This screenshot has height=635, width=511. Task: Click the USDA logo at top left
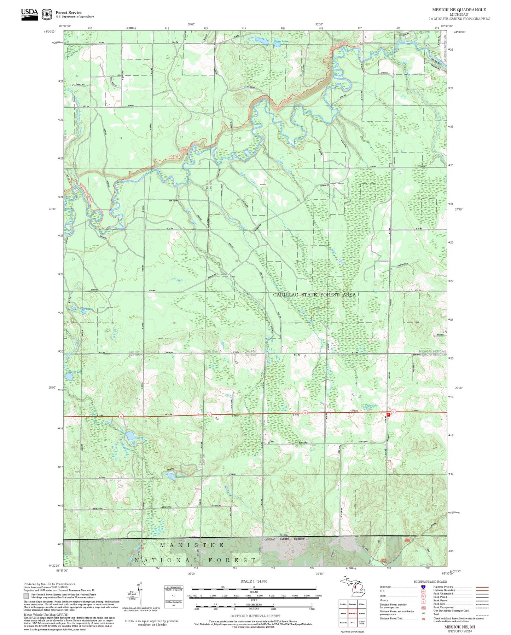29,14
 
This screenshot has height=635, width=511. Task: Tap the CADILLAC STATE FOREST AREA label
314,294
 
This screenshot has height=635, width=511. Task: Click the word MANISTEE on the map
192,545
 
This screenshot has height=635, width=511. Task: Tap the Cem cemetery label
272,442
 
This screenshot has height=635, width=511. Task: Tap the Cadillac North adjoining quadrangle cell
362,623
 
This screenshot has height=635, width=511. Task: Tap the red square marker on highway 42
389,414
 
